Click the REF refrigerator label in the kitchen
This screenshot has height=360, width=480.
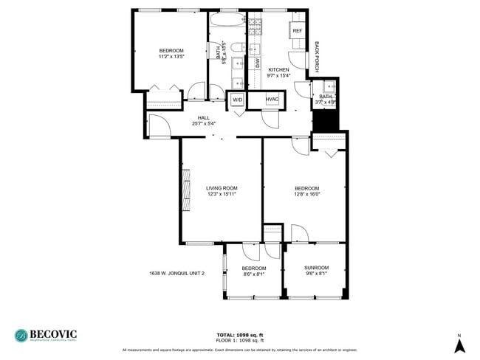pyautogui.click(x=297, y=31)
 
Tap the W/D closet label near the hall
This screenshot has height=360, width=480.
pyautogui.click(x=237, y=99)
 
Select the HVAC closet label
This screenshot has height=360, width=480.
pyautogui.click(x=272, y=99)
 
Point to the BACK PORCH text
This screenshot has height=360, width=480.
pyautogui.click(x=317, y=55)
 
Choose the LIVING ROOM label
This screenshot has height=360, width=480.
pyautogui.click(x=222, y=188)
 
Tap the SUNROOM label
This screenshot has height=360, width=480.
pyautogui.click(x=316, y=267)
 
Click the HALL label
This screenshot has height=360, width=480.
pyautogui.click(x=204, y=117)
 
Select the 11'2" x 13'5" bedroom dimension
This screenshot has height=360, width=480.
pyautogui.click(x=171, y=56)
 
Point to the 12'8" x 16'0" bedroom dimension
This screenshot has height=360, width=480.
pyautogui.click(x=309, y=195)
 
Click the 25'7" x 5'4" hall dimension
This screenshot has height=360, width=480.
pyautogui.click(x=204, y=123)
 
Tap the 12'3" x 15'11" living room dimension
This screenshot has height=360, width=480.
pyautogui.click(x=222, y=195)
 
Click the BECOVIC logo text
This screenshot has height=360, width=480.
pyautogui.click(x=53, y=334)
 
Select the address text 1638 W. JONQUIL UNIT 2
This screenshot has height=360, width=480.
pyautogui.click(x=176, y=273)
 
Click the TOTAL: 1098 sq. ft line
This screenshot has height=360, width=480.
pyautogui.click(x=240, y=334)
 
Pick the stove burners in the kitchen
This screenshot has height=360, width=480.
pyautogui.click(x=255, y=25)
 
